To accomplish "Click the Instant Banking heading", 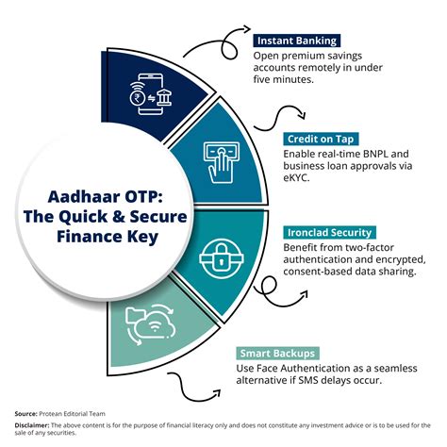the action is pyautogui.click(x=297, y=41).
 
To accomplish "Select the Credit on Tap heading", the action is pyautogui.click(x=321, y=139).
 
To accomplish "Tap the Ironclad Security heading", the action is pyautogui.click(x=329, y=233).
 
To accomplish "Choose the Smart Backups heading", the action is pyautogui.click(x=277, y=354).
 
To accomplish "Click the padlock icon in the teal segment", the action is pyautogui.click(x=222, y=258).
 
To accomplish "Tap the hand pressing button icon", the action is pyautogui.click(x=221, y=162).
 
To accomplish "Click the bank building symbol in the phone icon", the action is pyautogui.click(x=164, y=97).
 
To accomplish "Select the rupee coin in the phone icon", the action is pyautogui.click(x=138, y=98).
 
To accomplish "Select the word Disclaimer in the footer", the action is pyautogui.click(x=32, y=425).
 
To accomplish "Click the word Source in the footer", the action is pyautogui.click(x=25, y=414).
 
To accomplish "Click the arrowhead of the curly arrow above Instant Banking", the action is pyautogui.click(x=246, y=29).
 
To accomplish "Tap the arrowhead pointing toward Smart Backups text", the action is pyautogui.click(x=217, y=393).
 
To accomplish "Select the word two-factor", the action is pyautogui.click(x=370, y=248).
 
